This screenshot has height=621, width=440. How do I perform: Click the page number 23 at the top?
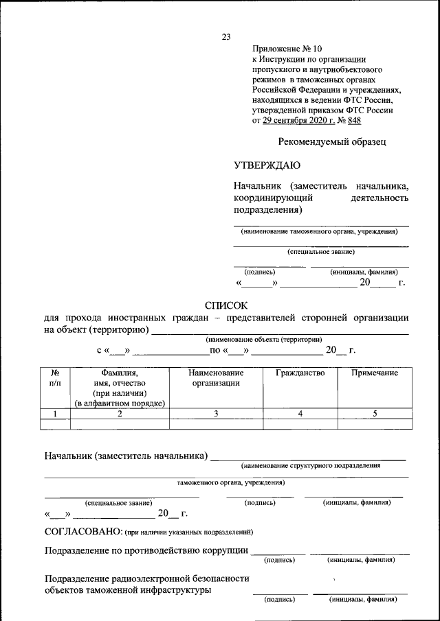coord(226,37)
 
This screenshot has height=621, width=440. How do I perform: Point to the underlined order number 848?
coord(354,121)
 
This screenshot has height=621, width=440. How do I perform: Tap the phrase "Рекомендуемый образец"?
coord(332,142)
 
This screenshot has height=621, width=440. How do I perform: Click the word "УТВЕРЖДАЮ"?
coord(267,165)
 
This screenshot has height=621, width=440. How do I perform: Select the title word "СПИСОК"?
coord(226,305)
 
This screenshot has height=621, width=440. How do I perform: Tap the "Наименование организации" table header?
coord(216,377)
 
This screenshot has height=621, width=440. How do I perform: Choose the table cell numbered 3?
coord(216,413)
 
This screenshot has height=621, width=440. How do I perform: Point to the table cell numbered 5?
coord(375,413)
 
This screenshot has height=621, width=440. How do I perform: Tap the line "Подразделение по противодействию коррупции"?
coord(146,550)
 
